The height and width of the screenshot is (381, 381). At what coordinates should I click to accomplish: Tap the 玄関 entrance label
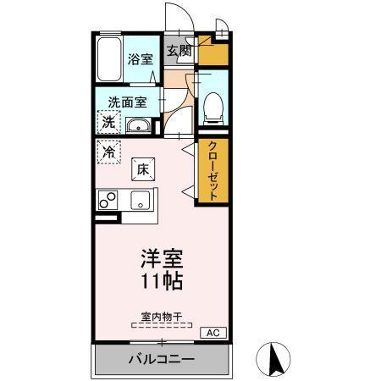tap(179, 52)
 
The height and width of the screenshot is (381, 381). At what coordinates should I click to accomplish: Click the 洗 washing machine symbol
tap(108, 122)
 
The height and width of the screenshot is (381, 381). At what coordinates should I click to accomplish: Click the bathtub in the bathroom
tap(108, 59)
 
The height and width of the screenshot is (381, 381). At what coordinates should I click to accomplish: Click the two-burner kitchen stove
tap(108, 201)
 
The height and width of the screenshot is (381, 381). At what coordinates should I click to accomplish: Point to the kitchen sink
tap(139, 201)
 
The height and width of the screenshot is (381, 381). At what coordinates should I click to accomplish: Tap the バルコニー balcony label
tap(162, 360)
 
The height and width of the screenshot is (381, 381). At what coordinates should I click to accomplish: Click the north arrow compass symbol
tap(274, 359)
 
